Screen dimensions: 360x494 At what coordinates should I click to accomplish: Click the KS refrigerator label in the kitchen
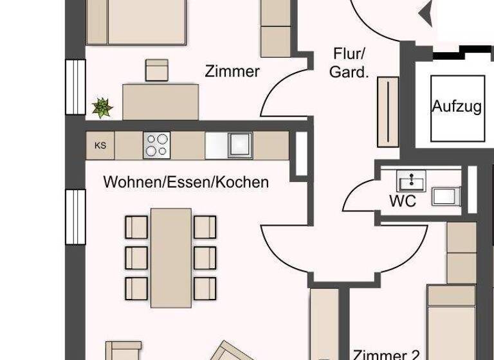tap(100, 145)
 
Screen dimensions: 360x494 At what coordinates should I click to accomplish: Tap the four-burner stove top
tap(157, 145)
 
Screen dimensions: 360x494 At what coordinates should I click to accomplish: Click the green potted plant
tap(102, 107)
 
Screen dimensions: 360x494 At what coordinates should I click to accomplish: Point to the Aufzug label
tap(456, 107)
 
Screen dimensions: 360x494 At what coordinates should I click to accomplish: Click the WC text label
tap(403, 201)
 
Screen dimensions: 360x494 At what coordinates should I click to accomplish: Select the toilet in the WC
tap(446, 195)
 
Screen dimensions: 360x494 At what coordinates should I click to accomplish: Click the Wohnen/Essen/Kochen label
tap(186, 182)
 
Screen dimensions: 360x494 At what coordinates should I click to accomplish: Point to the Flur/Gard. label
tap(349, 62)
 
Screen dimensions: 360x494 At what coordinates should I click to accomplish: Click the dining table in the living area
tap(170, 257)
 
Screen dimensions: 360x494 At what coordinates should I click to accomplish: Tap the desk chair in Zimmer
tap(156, 69)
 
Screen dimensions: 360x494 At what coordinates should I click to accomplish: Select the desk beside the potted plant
tap(160, 102)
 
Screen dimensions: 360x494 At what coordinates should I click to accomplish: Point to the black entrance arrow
tap(425, 13)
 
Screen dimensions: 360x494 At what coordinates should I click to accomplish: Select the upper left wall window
tap(75, 87)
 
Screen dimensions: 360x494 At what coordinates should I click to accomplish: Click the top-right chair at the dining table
tap(205, 227)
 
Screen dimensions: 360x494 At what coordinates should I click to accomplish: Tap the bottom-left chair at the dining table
tap(136, 288)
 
